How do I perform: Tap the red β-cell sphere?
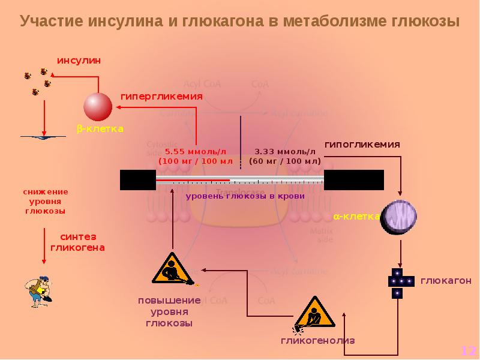coord(98,107)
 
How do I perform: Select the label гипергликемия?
coord(161,96)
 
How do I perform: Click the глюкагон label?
coord(445,281)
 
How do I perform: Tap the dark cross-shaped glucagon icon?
coord(398,282)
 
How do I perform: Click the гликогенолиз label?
coord(318,340)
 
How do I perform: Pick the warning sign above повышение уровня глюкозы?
coord(173,269)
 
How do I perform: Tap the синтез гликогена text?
coord(77,241)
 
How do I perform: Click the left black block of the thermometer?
coord(137,180)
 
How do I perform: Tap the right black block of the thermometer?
coord(353,180)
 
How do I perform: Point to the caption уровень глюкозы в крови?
coord(245,196)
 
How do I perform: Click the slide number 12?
coord(468,350)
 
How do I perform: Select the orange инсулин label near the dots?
coord(79,61)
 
